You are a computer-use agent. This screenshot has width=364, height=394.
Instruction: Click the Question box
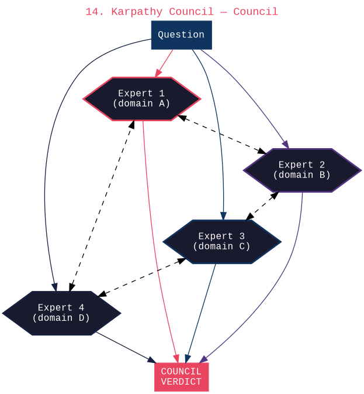tap(181, 35)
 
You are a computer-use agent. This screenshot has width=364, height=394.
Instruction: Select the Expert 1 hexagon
tap(141, 99)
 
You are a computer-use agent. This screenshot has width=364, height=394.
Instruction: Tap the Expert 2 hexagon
tap(301, 170)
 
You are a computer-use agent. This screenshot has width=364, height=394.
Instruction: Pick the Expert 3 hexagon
tap(221, 242)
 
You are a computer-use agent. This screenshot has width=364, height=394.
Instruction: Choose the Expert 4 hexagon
tap(61, 313)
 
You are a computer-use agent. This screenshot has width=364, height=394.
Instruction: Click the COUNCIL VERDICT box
tap(181, 377)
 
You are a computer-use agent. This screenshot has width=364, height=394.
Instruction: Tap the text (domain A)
tap(141, 104)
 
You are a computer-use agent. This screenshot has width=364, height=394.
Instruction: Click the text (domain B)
tap(301, 175)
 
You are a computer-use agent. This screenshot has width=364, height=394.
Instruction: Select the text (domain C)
tap(221, 246)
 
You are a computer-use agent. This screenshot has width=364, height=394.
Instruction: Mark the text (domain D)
tap(61, 318)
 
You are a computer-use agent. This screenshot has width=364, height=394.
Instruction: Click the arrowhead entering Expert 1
tap(158, 73)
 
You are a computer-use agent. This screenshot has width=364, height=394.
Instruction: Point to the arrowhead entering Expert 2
tap(286, 145)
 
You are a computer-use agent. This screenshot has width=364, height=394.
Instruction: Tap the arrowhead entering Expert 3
tap(223, 215)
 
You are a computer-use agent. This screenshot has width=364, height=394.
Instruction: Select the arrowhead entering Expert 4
tap(54, 287)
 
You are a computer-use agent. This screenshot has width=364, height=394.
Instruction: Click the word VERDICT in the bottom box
tap(181, 382)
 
